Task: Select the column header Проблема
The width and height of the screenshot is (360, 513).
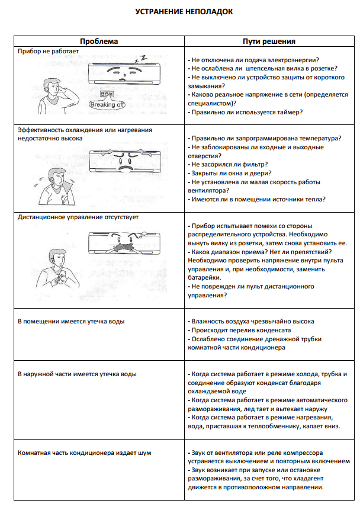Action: click(99, 41)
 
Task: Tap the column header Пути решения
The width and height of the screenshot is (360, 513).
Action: click(269, 41)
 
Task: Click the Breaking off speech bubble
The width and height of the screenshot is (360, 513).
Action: click(107, 104)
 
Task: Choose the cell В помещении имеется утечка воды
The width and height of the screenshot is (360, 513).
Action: click(70, 321)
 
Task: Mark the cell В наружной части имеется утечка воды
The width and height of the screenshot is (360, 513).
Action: click(77, 374)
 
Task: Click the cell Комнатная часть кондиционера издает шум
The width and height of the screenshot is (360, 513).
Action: click(83, 453)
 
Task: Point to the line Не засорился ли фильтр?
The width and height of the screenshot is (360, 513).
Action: click(228, 164)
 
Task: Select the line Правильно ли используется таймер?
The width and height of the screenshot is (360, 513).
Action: click(245, 112)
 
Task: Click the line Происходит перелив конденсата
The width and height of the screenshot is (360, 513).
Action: click(240, 330)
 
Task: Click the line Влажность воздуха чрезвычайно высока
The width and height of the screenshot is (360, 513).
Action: click(250, 321)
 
